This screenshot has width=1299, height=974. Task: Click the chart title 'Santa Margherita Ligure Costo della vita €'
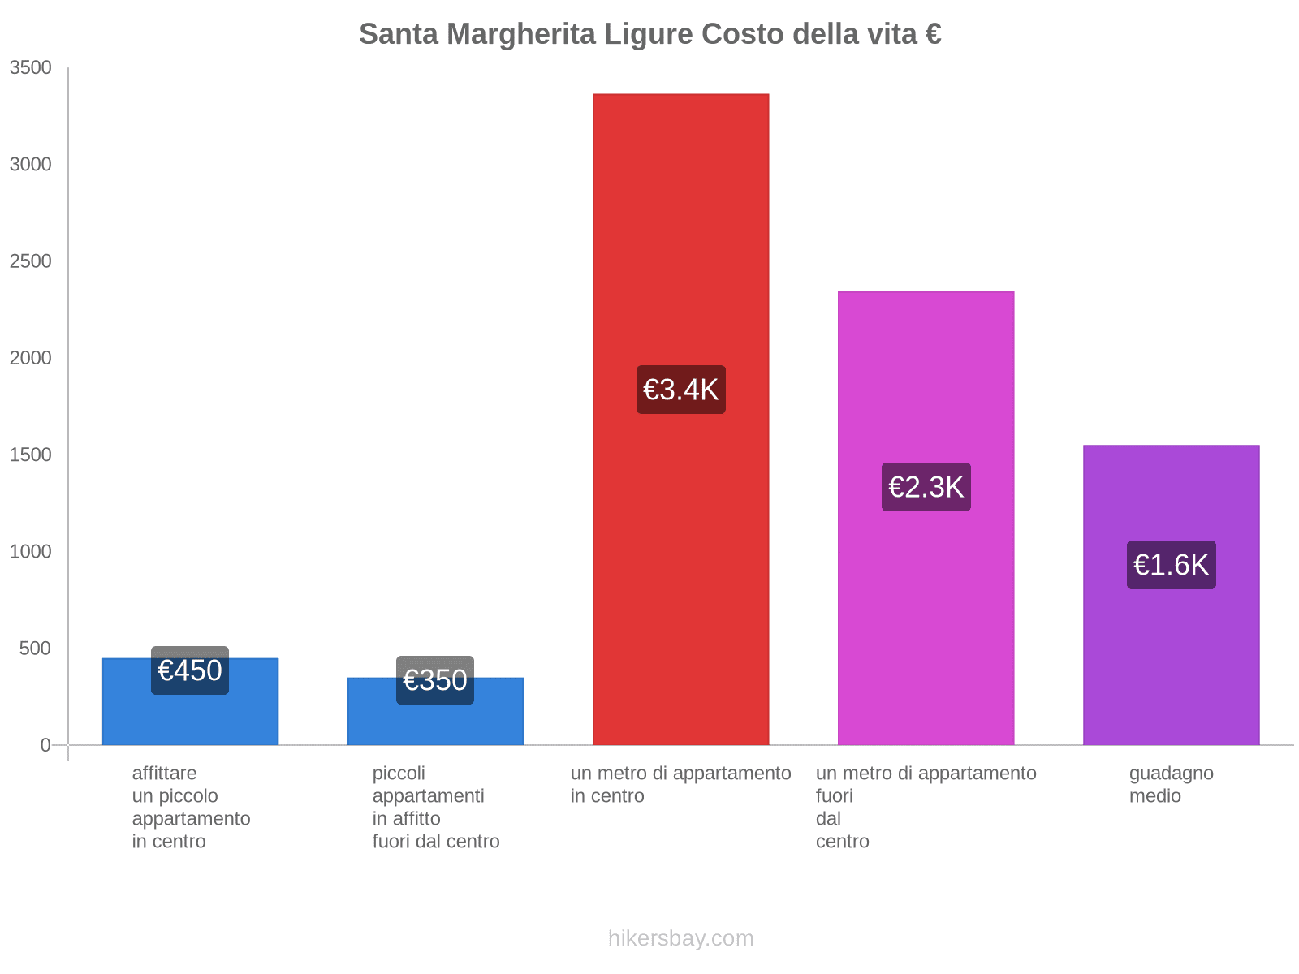point(649,34)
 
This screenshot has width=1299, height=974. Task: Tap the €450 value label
point(190,670)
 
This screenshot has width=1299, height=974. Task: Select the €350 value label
point(435,680)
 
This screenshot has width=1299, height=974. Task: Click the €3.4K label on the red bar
point(680,390)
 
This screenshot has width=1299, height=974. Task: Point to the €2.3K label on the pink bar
point(926,487)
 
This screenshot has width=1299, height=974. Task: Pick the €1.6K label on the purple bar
point(1171,565)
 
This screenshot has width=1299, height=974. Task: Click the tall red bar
point(680,243)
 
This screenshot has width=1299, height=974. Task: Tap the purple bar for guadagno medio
point(1171,666)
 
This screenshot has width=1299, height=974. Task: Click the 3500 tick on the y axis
point(31,68)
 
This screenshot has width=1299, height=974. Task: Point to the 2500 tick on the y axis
point(31,261)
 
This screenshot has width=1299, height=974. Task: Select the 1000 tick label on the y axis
point(31,552)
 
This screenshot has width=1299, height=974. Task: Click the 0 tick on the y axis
point(45,745)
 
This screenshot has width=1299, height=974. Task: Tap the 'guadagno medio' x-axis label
point(1171,784)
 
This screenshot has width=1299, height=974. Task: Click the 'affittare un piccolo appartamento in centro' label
point(191,807)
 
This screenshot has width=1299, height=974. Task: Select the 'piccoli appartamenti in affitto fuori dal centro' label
point(435,807)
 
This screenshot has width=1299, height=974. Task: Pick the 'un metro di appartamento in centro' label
point(680,784)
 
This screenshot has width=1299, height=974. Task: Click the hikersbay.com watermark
point(680,938)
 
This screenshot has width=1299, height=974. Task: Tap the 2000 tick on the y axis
point(31,358)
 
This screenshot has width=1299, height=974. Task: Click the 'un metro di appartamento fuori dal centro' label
point(926,807)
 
